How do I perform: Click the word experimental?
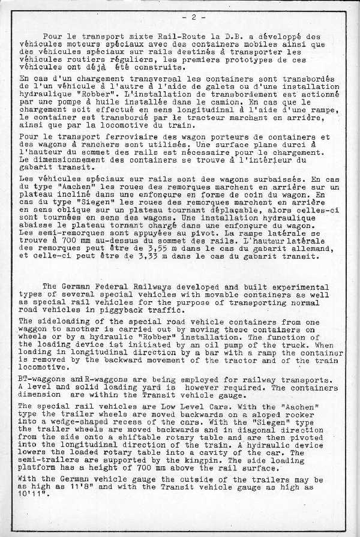[x=296, y=287]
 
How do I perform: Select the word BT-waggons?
[x=45, y=380]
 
